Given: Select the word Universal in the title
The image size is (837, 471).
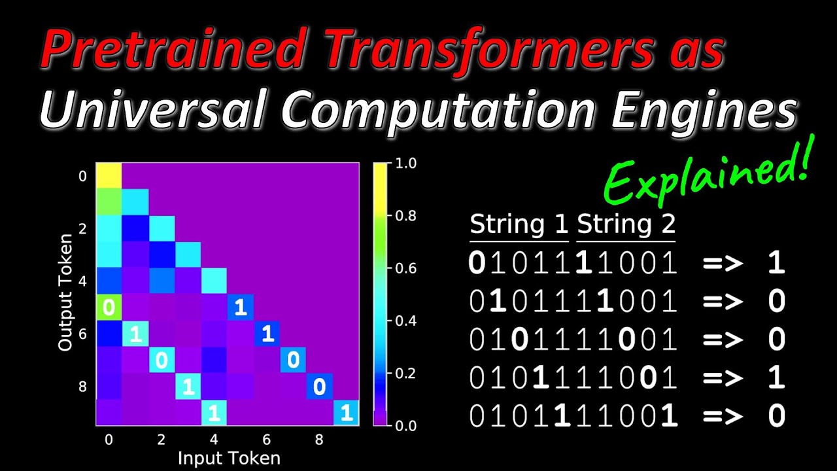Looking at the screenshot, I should click(151, 112).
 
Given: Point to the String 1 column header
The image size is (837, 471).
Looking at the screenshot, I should click(519, 225).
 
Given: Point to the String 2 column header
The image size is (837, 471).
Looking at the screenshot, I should click(626, 225).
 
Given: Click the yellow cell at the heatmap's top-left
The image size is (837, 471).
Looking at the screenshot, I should click(109, 176).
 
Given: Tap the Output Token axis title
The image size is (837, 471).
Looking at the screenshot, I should click(65, 294).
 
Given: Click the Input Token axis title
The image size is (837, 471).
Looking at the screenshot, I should click(229, 458).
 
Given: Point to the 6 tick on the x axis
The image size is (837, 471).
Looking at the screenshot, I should click(267, 440).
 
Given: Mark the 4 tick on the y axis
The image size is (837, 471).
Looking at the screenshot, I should click(82, 281).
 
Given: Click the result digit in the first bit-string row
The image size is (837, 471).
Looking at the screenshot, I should click(776, 263).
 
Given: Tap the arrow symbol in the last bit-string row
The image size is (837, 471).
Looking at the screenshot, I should click(723, 417).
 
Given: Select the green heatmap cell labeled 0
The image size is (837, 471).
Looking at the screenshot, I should click(109, 307).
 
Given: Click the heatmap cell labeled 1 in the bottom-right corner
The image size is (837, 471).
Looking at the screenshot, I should click(346, 413).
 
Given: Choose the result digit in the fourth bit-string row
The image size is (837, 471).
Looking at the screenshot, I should click(776, 378).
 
